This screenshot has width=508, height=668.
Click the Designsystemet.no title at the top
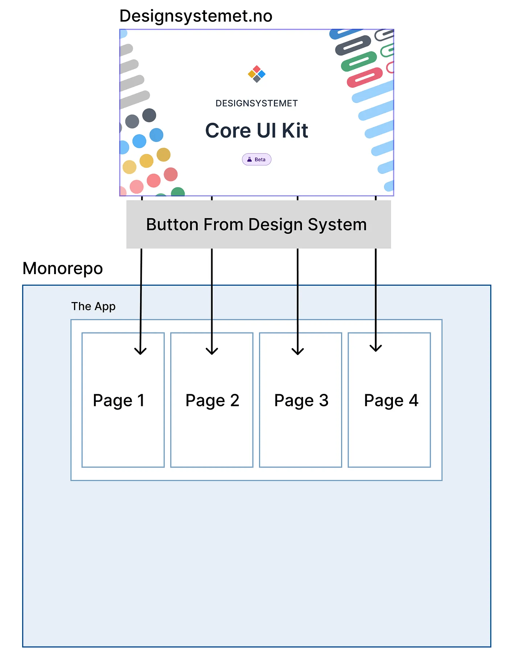(196, 16)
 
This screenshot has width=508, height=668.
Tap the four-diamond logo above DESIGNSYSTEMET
(257, 74)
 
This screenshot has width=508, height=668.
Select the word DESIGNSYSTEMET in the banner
(257, 103)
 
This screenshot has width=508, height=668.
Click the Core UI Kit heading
(257, 131)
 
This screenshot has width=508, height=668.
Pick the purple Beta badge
(257, 159)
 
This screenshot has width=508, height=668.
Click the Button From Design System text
(256, 224)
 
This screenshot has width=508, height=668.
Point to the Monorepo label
(63, 269)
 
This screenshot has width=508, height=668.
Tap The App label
(93, 306)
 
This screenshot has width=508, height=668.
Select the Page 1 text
(119, 401)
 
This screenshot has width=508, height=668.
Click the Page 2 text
(212, 401)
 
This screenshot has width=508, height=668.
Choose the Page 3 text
(301, 401)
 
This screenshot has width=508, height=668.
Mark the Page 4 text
(391, 401)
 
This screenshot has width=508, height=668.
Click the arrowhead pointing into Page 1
(140, 351)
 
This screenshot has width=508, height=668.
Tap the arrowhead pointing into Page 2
(212, 351)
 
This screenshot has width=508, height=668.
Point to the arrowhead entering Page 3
(298, 351)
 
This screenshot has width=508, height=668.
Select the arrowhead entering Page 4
(376, 348)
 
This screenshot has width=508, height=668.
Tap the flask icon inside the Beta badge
(249, 159)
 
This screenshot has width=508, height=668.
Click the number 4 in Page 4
(414, 401)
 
